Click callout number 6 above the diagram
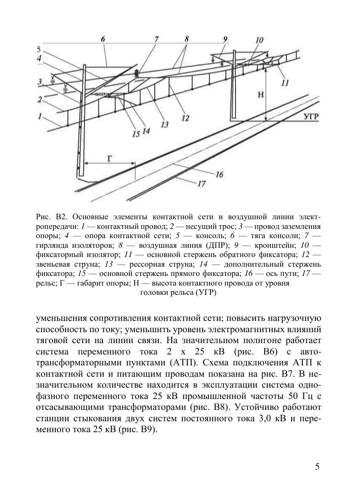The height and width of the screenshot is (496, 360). [x=103, y=39]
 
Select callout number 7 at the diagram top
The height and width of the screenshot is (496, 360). [x=157, y=39]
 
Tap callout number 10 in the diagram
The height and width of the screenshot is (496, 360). [x=259, y=40]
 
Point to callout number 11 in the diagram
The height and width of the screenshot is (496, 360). [x=285, y=83]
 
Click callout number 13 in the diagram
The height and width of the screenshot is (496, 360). [x=164, y=124]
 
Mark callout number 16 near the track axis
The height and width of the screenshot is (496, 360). [x=219, y=174]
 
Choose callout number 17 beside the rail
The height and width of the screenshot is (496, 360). [x=201, y=184]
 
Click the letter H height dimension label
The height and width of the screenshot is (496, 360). [x=260, y=95]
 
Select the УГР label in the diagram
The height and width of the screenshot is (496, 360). [x=311, y=116]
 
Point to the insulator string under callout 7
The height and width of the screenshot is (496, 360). [x=137, y=73]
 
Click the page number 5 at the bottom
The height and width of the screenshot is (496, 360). [x=317, y=467]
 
